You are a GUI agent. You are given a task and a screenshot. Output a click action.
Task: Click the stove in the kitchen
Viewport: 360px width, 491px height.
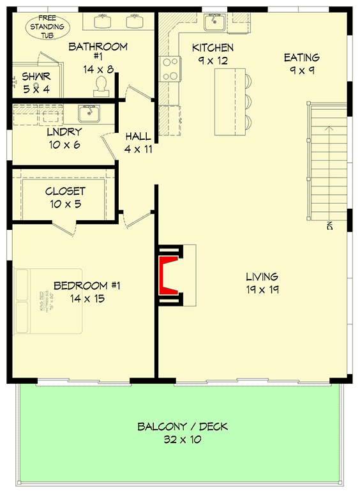tap(170, 69)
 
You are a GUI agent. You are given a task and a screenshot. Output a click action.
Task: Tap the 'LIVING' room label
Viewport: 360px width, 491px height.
tap(262, 276)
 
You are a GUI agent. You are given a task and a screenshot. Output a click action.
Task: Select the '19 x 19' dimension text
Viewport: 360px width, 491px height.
tap(262, 289)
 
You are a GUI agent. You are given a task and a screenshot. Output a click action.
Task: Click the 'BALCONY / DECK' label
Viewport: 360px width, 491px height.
tap(182, 427)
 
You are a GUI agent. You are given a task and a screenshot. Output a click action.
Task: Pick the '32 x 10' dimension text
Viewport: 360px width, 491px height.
tap(182, 439)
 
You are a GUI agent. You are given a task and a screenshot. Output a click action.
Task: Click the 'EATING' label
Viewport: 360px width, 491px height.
tap(302, 58)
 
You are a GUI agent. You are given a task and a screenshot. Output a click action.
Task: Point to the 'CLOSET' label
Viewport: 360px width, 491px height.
tap(64, 192)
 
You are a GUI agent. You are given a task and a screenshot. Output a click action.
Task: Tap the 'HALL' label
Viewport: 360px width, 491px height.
tap(139, 136)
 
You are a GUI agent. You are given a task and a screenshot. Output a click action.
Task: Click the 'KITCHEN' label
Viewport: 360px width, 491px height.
tap(213, 48)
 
